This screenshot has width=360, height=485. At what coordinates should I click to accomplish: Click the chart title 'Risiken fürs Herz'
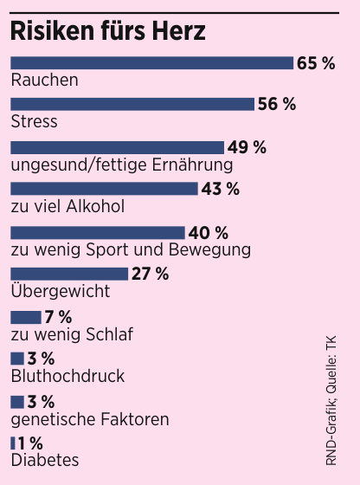(x=108, y=31)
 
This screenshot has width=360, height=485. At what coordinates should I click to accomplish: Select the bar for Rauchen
(x=151, y=63)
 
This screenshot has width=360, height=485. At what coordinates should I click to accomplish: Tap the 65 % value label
(x=316, y=63)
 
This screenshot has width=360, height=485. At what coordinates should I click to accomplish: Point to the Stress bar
(x=132, y=105)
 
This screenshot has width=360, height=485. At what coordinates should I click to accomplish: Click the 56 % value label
(x=276, y=105)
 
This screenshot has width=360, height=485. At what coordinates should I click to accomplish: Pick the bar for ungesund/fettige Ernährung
(x=117, y=147)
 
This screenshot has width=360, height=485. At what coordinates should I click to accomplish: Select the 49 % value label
(x=247, y=147)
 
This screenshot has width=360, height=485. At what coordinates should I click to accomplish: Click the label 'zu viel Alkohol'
(x=67, y=207)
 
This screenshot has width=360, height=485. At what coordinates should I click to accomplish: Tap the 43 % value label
(x=220, y=190)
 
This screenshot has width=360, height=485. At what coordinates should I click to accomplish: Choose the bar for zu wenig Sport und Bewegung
(x=97, y=232)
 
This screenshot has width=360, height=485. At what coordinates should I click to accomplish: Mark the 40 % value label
(x=209, y=232)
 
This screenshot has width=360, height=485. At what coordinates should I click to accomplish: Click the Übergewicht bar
(x=69, y=275)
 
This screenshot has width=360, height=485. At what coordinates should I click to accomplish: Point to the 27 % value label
(x=151, y=275)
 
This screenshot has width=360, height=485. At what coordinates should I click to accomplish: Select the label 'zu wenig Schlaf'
(x=71, y=334)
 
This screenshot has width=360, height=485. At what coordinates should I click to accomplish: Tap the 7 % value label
(x=58, y=317)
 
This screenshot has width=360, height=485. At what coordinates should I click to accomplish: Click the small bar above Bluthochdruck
(x=16, y=358)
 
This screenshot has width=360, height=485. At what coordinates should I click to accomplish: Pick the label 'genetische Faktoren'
(x=88, y=419)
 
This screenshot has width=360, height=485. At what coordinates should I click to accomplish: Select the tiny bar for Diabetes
(x=12, y=443)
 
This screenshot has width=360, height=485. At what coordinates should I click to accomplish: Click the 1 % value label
(x=30, y=443)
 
